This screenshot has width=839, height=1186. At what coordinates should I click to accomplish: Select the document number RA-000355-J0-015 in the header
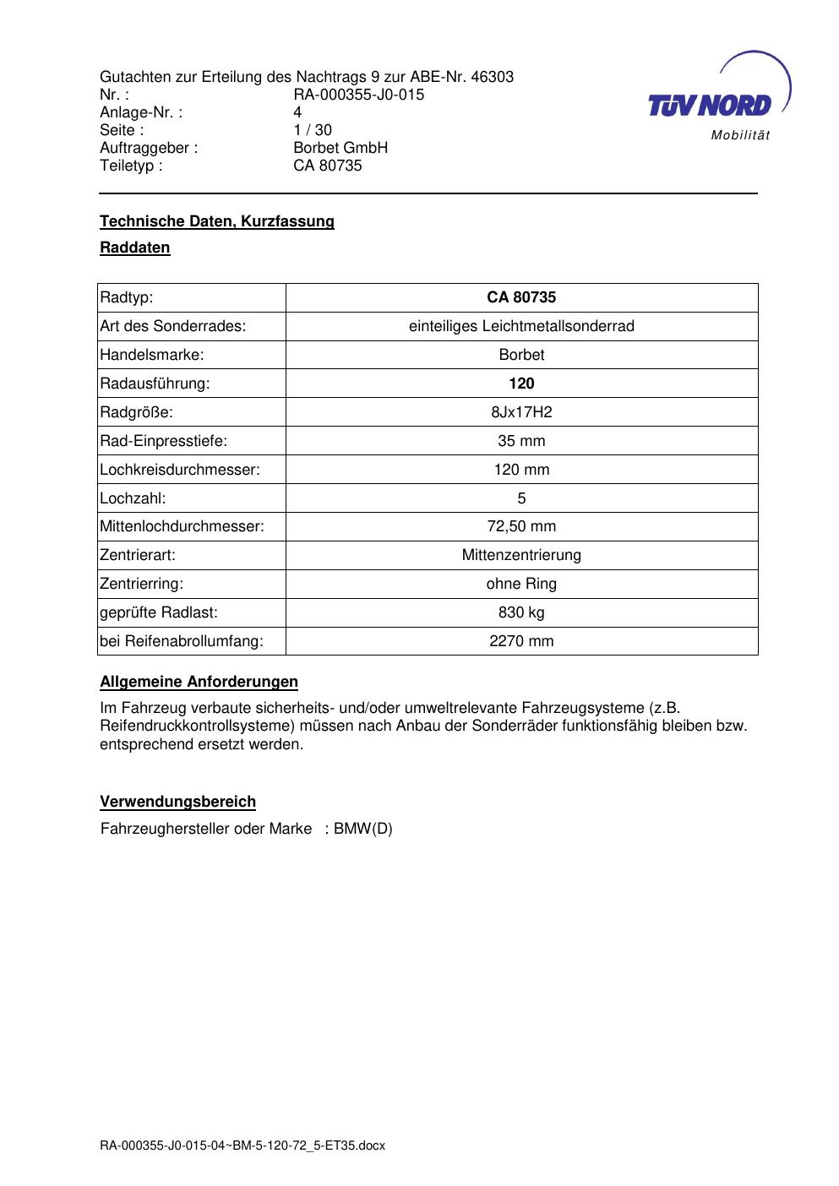tap(358, 95)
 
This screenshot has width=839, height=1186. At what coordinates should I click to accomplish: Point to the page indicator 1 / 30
tap(312, 130)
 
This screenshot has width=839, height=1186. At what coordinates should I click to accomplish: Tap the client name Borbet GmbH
tap(340, 148)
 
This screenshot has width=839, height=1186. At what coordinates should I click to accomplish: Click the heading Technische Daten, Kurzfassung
tap(217, 221)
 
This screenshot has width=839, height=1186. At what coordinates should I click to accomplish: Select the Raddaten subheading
tap(135, 248)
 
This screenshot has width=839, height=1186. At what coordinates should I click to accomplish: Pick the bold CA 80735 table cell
tap(521, 297)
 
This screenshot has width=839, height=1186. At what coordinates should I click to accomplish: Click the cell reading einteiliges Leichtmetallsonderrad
tap(521, 326)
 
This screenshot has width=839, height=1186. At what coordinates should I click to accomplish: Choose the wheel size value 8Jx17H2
tap(521, 412)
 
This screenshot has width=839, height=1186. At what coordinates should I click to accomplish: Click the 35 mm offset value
tap(521, 441)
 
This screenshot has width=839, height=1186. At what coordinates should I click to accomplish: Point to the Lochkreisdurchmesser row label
tap(180, 470)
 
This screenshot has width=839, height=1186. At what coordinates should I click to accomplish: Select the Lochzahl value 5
tap(521, 498)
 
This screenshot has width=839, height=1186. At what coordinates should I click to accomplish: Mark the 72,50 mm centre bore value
tap(521, 527)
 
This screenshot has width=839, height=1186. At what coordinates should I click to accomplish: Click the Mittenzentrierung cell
tap(521, 556)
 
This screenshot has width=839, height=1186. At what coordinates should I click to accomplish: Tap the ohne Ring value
tap(521, 584)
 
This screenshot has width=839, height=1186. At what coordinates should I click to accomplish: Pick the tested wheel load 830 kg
tap(521, 612)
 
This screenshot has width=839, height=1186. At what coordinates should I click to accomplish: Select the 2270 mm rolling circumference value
tap(521, 641)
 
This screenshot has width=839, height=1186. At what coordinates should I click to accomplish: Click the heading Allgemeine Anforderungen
tap(199, 682)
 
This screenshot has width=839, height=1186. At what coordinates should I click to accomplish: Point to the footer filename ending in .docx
tap(242, 1145)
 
